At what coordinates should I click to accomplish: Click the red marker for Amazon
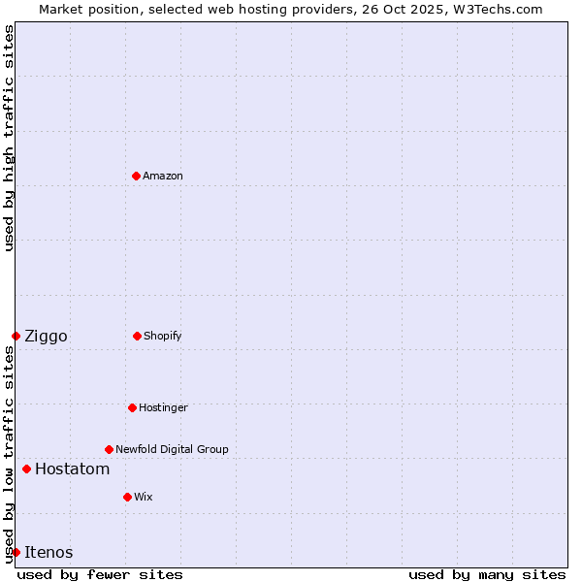[x=136, y=176]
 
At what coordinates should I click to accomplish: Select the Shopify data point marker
[x=137, y=336]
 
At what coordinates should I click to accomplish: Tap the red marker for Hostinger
[x=132, y=407]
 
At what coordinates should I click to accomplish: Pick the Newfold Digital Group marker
[x=109, y=449]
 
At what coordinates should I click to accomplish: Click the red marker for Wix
[x=127, y=497]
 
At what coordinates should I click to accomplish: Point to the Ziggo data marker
[x=16, y=336]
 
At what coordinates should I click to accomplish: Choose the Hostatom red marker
[x=26, y=469]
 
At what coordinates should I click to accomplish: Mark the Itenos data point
[x=16, y=552]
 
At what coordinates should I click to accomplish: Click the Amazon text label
[x=163, y=176]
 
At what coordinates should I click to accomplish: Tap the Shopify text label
[x=163, y=336]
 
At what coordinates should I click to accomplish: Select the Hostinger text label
[x=163, y=407]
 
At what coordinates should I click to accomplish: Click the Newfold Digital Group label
[x=172, y=449]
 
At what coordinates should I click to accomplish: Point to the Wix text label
[x=144, y=497]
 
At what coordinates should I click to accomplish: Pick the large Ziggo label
[x=46, y=337]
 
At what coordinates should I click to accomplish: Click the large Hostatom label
[x=72, y=469]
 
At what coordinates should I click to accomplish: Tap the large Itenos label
[x=48, y=553]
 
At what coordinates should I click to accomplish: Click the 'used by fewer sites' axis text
[x=100, y=574]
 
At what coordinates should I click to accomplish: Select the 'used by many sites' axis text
[x=487, y=574]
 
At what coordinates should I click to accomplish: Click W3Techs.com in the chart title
[x=496, y=9]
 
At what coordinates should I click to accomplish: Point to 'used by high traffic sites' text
[x=9, y=138]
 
